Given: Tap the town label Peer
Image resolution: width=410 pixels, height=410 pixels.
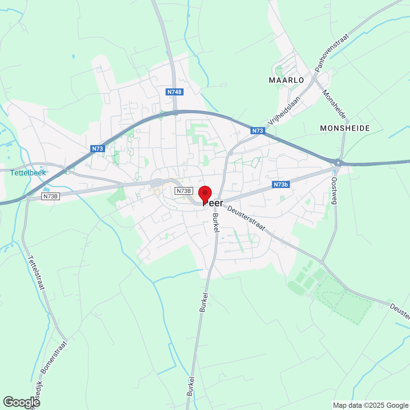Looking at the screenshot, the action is pos(213,203).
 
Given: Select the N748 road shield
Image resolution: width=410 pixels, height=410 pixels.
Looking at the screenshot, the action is pos(175,92).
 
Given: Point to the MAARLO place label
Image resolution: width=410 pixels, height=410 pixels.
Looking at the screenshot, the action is pos(286,80).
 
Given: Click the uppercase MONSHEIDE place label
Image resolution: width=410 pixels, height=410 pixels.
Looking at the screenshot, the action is pos(345,128).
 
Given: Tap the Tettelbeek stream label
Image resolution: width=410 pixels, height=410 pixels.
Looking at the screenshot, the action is pos(28,173).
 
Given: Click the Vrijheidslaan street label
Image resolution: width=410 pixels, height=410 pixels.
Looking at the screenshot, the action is pos(284,111).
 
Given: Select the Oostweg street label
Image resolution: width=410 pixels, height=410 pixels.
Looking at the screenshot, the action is pos(334,191).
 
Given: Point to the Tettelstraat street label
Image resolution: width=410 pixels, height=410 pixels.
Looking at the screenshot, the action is pos(36,272).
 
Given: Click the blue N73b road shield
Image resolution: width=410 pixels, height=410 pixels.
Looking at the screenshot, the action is pos(281,184).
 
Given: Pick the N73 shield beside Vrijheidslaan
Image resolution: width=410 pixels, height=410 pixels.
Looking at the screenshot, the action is pos(258,130).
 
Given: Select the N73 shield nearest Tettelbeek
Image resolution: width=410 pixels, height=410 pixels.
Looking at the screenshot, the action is pos(97,148).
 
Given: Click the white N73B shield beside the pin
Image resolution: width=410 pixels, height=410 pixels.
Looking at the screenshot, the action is pos(184,191).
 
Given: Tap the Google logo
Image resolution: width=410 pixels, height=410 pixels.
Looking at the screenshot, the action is pos(21,402).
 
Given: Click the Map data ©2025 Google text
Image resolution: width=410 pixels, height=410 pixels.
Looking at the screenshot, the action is pos(371,406).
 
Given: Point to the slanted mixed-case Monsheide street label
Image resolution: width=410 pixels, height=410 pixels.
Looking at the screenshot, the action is pos(334,104).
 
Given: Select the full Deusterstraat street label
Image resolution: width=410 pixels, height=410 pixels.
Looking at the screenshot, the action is pos(246,218).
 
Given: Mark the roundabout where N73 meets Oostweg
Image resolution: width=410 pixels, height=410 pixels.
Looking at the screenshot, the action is pos(338,162).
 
